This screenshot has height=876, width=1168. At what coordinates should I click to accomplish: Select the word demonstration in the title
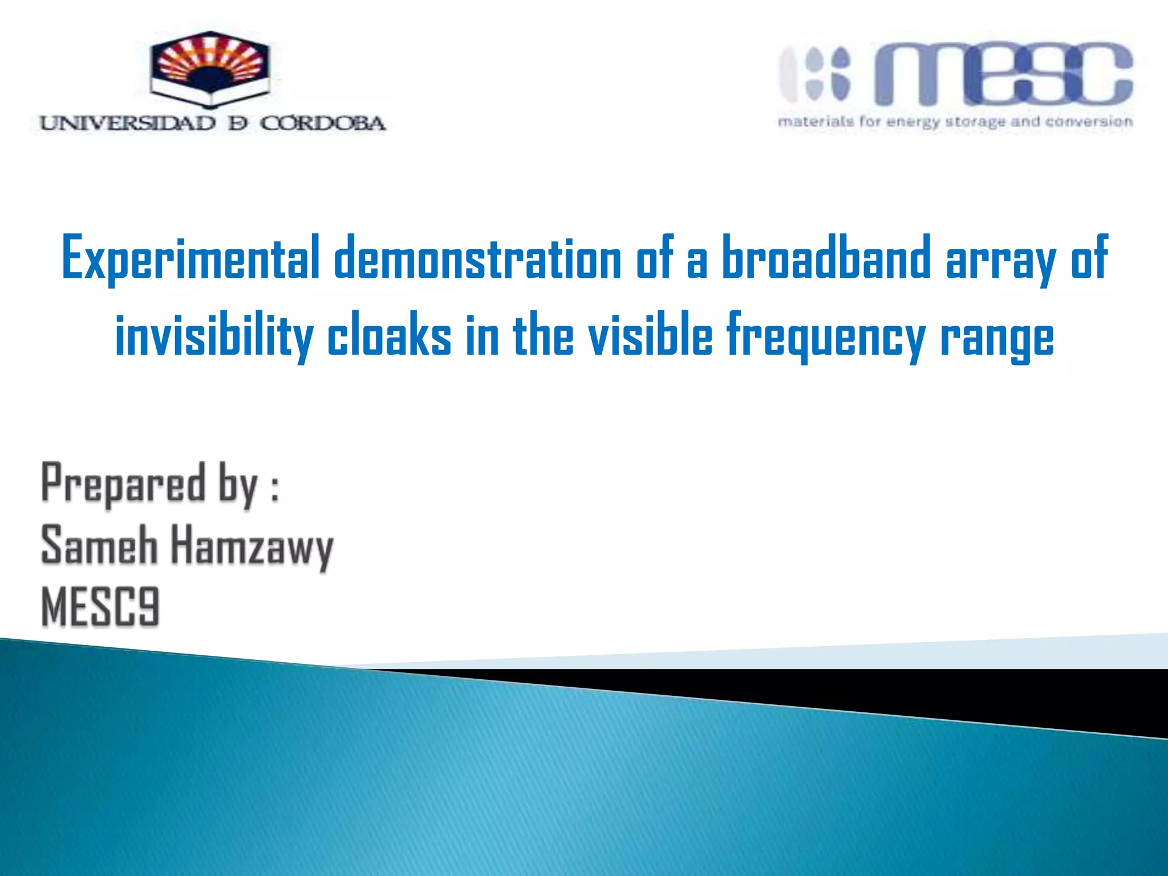click(477, 258)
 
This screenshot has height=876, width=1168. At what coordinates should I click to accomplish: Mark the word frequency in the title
click(826, 338)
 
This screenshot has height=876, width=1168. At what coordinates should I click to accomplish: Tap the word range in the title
click(997, 341)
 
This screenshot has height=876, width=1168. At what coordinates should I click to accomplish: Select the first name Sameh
click(99, 545)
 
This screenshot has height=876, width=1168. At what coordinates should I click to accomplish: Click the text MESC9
click(100, 607)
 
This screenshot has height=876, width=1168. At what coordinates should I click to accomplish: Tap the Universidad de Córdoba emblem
click(209, 70)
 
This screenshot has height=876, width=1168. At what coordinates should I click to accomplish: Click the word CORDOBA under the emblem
click(323, 123)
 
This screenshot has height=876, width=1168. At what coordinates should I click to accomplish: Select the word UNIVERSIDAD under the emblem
click(128, 123)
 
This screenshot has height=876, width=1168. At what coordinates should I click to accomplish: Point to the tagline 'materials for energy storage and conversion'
click(955, 122)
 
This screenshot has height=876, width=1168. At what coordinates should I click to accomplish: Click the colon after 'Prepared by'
click(275, 489)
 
